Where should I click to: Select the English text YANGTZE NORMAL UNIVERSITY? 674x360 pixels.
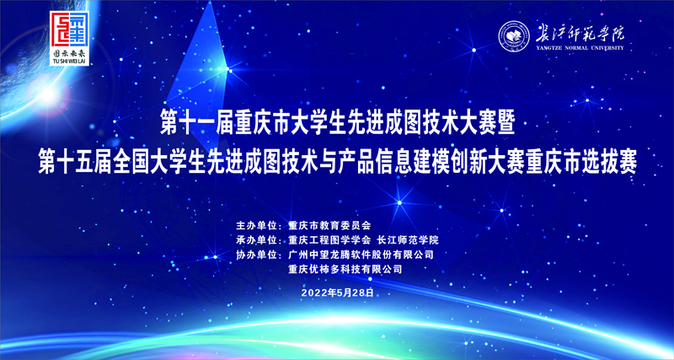576,48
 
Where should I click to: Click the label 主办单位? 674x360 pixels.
258,226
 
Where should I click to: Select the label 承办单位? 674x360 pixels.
258,240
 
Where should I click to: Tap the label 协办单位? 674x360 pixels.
258,255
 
